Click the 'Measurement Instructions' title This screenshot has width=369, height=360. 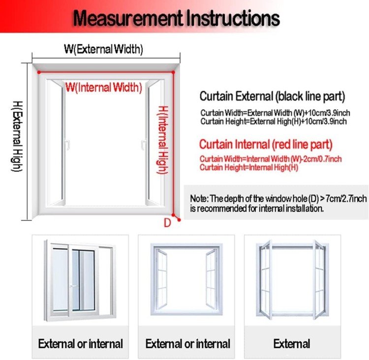point(176,18)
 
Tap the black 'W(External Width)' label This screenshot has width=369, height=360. point(103,49)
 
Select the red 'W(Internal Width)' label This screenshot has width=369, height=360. point(104,87)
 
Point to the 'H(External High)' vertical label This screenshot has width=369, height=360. point(17,136)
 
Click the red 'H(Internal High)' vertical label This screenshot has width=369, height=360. point(163,140)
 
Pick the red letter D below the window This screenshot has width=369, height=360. point(167,223)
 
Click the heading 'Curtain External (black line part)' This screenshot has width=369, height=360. point(272,97)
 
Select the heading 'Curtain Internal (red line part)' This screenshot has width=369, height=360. point(266,144)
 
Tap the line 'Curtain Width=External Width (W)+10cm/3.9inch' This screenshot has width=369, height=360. point(275,113)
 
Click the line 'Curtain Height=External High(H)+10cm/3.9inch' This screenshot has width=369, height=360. point(274,121)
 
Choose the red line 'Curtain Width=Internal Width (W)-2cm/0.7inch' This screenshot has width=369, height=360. point(271,159)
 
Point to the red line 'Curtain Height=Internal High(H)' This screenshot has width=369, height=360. point(249,167)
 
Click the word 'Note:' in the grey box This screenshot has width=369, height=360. point(199,198)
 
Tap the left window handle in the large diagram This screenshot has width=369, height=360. point(67,144)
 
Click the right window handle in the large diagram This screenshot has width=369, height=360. point(144,145)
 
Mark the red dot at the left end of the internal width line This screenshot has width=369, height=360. point(39,72)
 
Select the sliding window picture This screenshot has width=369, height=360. point(80,280)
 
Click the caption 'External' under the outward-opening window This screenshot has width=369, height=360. point(292,344)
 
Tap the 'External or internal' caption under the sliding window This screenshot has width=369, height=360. point(81,344)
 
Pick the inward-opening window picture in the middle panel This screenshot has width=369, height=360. point(186,279)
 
